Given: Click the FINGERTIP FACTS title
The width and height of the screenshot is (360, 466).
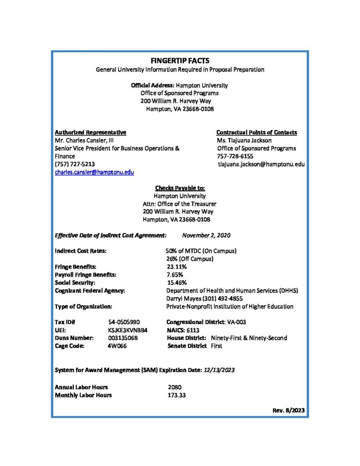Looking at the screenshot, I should (180, 61).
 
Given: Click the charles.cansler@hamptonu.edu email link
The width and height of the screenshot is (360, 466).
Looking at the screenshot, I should (94, 172).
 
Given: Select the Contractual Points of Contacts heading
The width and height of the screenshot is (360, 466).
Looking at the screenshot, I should (257, 132).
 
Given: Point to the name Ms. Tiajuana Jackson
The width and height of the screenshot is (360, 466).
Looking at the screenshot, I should (244, 140).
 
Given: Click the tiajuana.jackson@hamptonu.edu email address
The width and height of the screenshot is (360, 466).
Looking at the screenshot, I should (261, 164).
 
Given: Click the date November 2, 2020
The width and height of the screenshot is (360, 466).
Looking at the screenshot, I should (206, 235).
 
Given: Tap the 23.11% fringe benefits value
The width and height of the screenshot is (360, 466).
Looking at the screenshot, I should (177, 267).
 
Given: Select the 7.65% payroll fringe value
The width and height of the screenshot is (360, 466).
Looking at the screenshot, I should (175, 274).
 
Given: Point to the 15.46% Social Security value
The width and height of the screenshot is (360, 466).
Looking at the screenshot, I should (177, 283).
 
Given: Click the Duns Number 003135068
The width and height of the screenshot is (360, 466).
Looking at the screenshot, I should (123, 338).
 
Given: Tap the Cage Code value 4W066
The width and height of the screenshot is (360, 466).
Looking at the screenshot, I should (117, 346).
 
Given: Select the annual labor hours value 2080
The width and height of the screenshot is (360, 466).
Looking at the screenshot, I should (175, 387).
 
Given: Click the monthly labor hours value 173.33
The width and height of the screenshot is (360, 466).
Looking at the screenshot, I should (177, 395).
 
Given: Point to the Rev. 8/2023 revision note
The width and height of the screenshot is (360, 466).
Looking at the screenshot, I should (289, 410).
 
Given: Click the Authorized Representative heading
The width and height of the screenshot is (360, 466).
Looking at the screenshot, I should (90, 132).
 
